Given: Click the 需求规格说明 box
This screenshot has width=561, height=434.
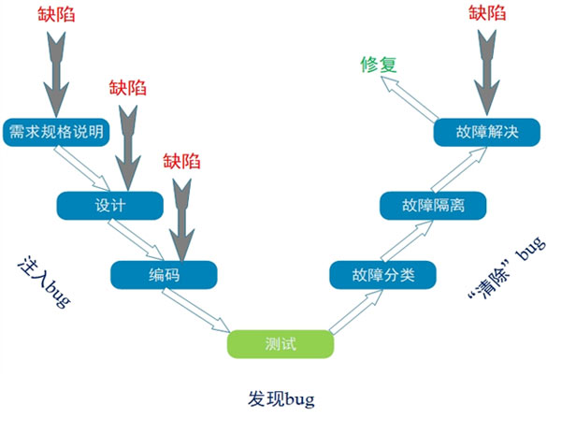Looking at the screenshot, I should pyautogui.click(x=57, y=131).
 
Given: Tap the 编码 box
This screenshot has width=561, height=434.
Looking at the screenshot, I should pyautogui.click(x=164, y=275).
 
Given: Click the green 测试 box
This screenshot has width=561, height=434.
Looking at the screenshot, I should pyautogui.click(x=280, y=343).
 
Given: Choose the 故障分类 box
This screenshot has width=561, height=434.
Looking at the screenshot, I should pyautogui.click(x=383, y=275).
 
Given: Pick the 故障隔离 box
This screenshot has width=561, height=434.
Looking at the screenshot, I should pyautogui.click(x=433, y=205).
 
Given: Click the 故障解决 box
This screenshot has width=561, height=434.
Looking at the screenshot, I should pyautogui.click(x=486, y=132).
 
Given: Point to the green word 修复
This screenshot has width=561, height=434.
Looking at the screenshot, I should pyautogui.click(x=379, y=65).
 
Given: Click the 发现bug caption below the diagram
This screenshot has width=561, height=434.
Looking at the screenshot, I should pyautogui.click(x=281, y=398).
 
